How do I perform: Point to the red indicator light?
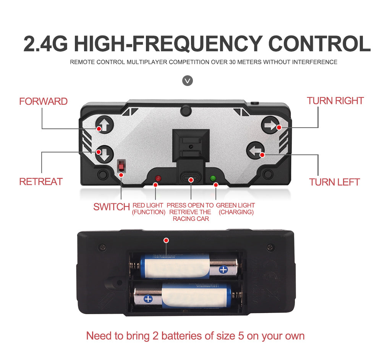click(x=158, y=178)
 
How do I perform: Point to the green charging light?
click(x=213, y=178)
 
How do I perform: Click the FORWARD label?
click(x=43, y=101)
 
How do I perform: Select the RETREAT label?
click(x=41, y=182)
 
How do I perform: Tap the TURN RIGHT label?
click(x=335, y=101)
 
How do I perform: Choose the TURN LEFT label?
click(x=335, y=182)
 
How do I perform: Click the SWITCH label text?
click(x=112, y=207)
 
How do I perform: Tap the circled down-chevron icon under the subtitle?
click(x=188, y=81)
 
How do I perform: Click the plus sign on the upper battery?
click(x=223, y=270)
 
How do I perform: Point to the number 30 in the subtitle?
click(x=233, y=62)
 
